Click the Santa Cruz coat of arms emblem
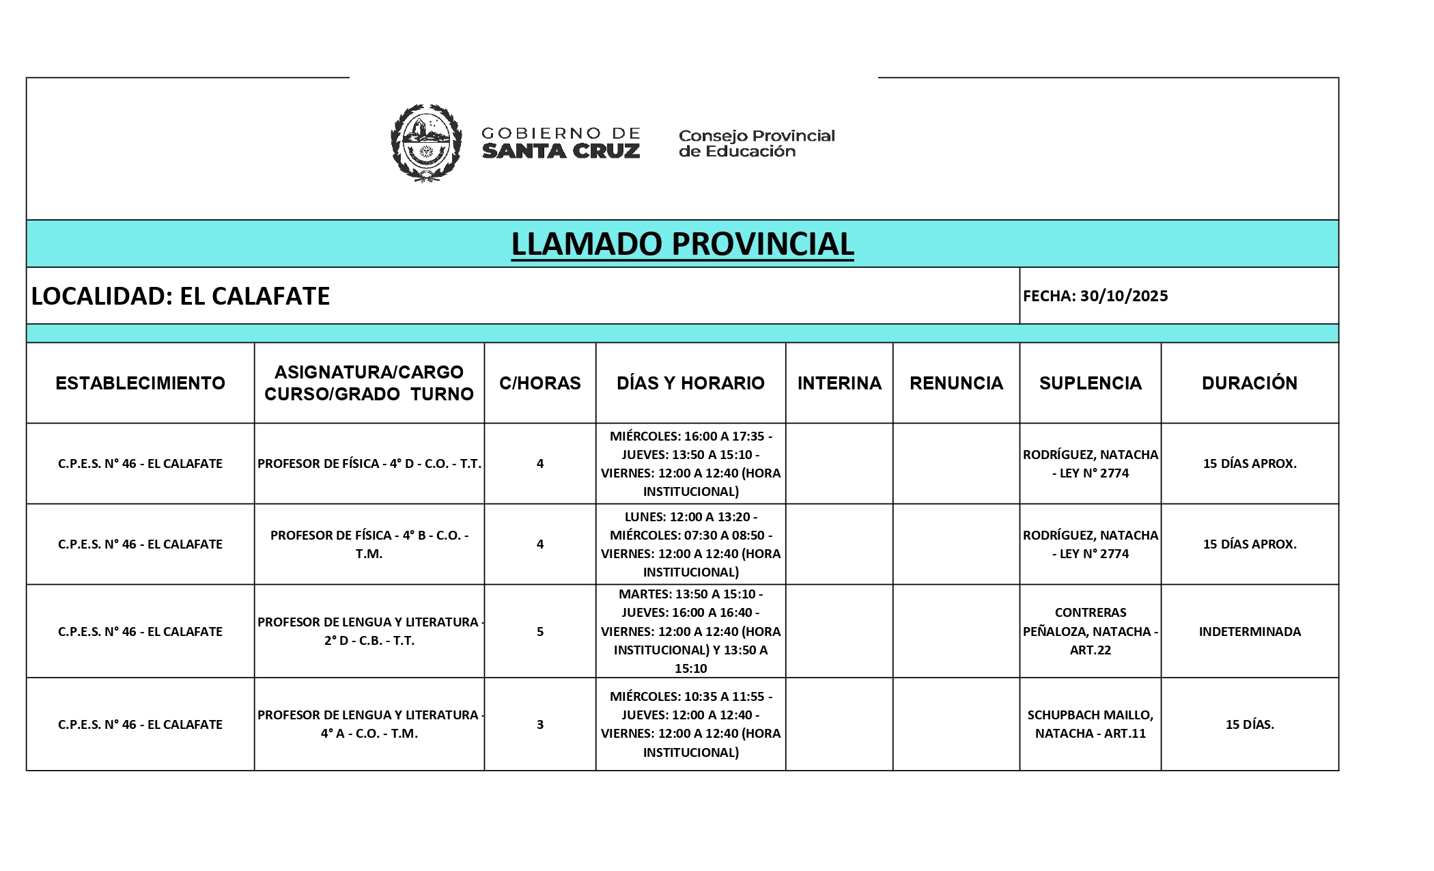(x=425, y=142)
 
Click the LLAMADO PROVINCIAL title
(x=682, y=244)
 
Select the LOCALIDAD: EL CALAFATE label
(x=181, y=296)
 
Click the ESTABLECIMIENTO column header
(x=140, y=383)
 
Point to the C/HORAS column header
(x=539, y=383)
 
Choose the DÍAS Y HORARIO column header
(x=690, y=383)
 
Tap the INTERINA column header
(x=839, y=383)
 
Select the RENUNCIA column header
(x=956, y=383)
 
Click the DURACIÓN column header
(x=1249, y=383)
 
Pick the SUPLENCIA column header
(x=1090, y=383)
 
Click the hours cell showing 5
(x=539, y=631)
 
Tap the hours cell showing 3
(x=539, y=724)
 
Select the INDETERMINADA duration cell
(x=1249, y=631)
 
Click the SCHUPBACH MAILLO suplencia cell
(x=1090, y=724)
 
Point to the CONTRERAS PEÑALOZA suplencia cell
(x=1090, y=631)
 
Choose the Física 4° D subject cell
(x=369, y=463)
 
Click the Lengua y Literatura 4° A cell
(x=369, y=724)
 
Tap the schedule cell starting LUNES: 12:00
(x=690, y=544)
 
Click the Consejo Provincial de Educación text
(x=756, y=143)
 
